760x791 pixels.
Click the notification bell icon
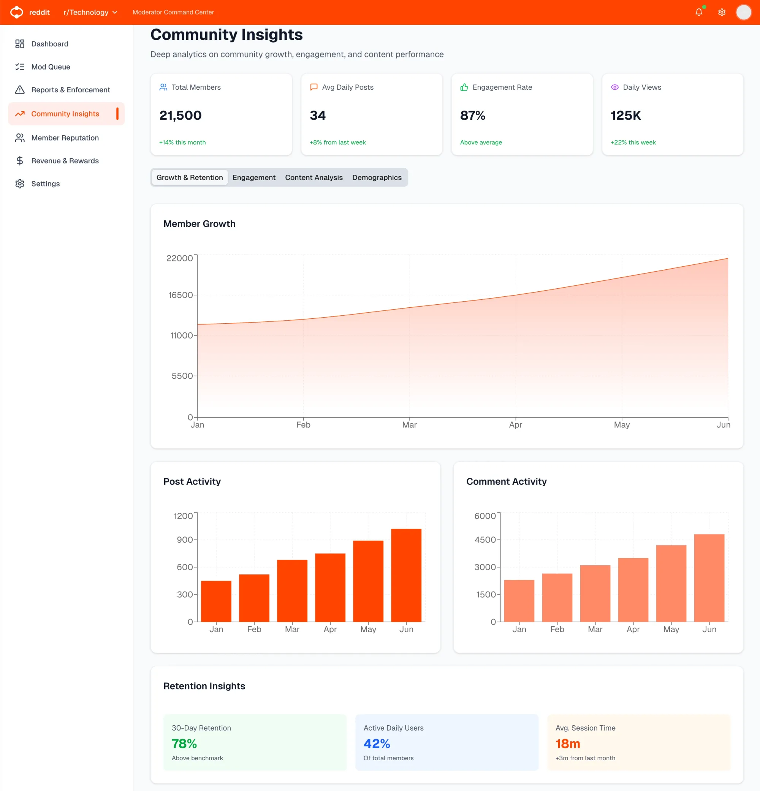click(699, 12)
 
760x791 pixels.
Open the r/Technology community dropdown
click(90, 12)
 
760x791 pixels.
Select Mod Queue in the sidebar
click(51, 67)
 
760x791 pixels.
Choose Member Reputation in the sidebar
click(65, 138)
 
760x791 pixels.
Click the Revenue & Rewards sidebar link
click(65, 161)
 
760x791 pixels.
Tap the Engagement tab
click(254, 177)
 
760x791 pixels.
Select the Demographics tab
click(377, 177)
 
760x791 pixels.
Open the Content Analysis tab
click(313, 177)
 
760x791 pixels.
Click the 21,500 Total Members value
click(180, 115)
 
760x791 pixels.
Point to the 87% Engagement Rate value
click(473, 115)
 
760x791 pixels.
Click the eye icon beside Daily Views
click(615, 87)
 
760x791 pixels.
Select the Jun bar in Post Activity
click(406, 575)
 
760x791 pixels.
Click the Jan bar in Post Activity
click(216, 601)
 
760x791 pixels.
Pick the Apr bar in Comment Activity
click(633, 590)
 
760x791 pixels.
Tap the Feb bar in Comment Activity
click(557, 597)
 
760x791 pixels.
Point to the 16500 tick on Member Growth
click(180, 295)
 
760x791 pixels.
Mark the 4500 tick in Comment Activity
click(485, 540)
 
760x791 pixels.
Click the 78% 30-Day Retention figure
click(184, 744)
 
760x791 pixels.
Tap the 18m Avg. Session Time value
click(567, 744)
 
